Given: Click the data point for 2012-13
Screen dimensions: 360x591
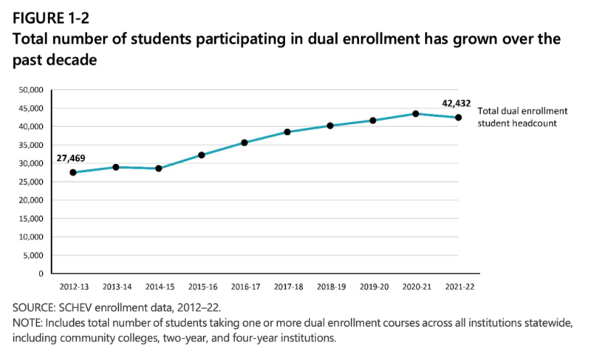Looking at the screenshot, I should click(72, 172).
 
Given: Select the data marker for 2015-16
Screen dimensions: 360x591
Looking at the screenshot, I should click(201, 155).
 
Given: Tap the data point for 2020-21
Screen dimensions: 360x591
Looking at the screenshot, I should click(416, 114).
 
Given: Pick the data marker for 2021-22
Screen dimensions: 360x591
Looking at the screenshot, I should click(459, 118).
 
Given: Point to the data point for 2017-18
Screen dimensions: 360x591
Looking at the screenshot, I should click(287, 132).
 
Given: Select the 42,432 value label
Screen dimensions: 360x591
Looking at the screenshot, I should click(457, 103).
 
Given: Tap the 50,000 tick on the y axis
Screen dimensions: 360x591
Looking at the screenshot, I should click(32, 90).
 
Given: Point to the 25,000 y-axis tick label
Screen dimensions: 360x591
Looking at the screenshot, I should click(32, 182).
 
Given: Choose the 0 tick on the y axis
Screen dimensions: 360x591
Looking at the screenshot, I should click(43, 274).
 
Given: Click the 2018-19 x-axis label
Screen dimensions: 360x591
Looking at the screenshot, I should click(330, 285).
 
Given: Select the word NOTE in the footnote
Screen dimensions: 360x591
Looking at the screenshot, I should click(27, 323).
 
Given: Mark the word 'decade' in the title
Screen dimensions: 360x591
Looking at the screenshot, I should click(74, 59).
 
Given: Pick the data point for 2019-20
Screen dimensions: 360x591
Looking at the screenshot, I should click(373, 120).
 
